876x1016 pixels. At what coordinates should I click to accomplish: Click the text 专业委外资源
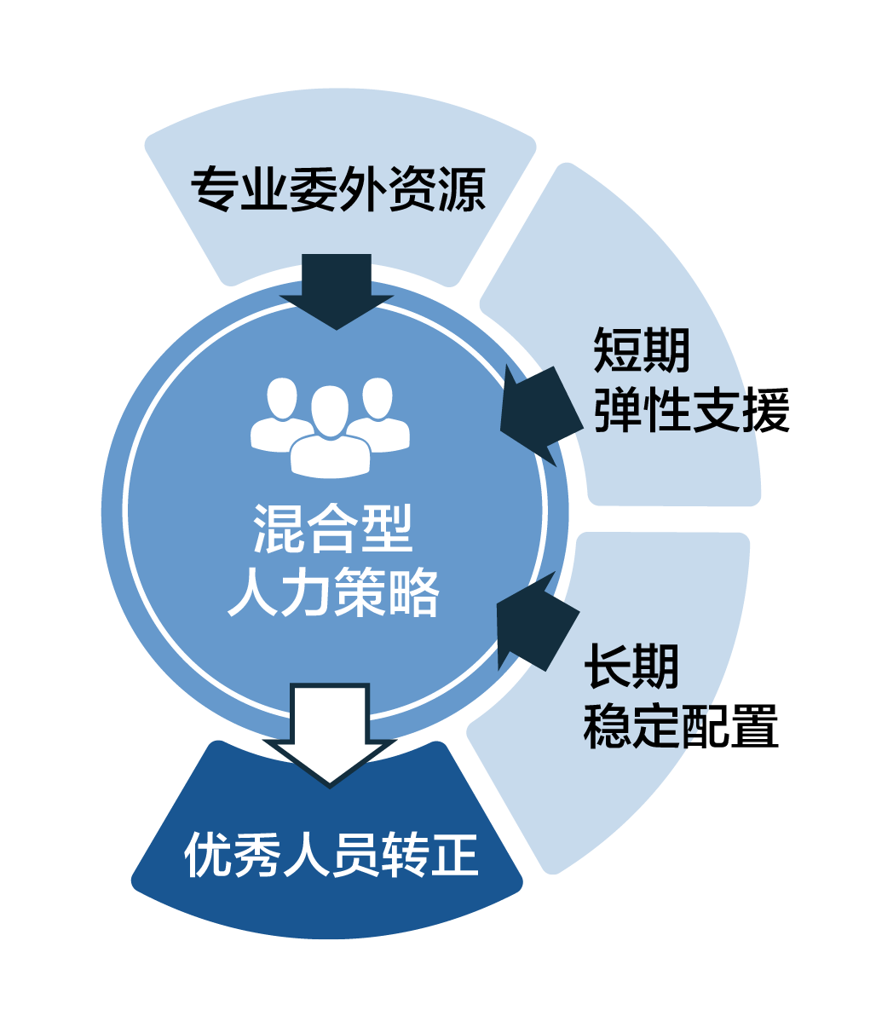pos(337,189)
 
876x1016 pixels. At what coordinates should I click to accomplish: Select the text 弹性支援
pos(692,410)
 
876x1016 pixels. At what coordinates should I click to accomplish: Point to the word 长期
pos(631,665)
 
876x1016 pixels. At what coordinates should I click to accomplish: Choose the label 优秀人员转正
pos(331,854)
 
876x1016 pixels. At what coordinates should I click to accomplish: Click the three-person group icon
pos(330,425)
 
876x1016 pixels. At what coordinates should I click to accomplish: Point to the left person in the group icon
pos(278,413)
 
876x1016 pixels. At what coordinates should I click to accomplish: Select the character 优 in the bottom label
pos(207,854)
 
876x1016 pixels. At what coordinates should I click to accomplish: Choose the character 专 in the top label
pos(213,189)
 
